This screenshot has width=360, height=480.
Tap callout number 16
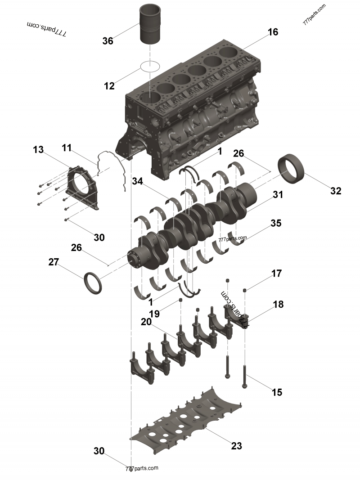[273, 32]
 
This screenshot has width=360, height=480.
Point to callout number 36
[108, 41]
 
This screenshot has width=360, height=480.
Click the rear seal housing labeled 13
[81, 187]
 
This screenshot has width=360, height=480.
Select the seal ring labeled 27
[93, 283]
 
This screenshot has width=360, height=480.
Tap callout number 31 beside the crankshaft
[278, 195]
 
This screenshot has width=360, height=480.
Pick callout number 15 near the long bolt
[277, 392]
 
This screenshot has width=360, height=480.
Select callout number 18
[278, 304]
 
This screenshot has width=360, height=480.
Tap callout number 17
[276, 273]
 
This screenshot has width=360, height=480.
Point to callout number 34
[138, 181]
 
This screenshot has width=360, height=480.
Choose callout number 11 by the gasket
[67, 148]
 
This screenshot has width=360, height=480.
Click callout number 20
[145, 322]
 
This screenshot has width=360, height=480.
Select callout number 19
[154, 314]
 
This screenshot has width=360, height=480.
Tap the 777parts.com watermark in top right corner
[315, 14]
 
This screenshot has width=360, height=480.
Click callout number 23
[236, 446]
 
